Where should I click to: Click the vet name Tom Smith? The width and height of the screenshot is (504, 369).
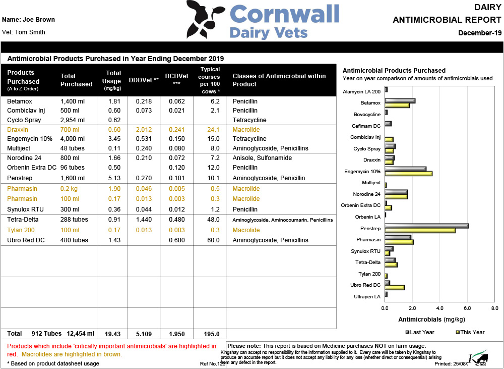pyautogui.click(x=24, y=32)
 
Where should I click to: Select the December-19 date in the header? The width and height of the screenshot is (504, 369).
pyautogui.click(x=480, y=33)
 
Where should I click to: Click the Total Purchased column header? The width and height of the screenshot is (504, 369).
pyautogui.click(x=76, y=80)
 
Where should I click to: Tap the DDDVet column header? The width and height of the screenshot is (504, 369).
pyautogui.click(x=144, y=80)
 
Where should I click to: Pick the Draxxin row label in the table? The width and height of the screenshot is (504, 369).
pyautogui.click(x=18, y=130)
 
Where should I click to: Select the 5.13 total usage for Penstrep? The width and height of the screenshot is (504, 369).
pyautogui.click(x=115, y=178)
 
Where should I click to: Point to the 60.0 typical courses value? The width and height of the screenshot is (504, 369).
pyautogui.click(x=213, y=240)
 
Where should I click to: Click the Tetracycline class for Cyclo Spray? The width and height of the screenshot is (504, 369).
pyautogui.click(x=249, y=120)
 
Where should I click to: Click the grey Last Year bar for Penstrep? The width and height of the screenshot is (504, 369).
pyautogui.click(x=426, y=226)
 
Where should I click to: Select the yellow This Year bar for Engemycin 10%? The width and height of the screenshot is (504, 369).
pyautogui.click(x=408, y=174)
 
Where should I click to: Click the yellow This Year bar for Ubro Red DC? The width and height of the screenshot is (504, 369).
pyautogui.click(x=394, y=287)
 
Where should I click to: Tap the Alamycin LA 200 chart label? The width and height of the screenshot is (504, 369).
pyautogui.click(x=361, y=92)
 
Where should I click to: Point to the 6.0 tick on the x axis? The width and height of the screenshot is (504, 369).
pyautogui.click(x=467, y=307)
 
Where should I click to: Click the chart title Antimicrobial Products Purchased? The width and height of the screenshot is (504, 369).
pyautogui.click(x=394, y=71)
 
